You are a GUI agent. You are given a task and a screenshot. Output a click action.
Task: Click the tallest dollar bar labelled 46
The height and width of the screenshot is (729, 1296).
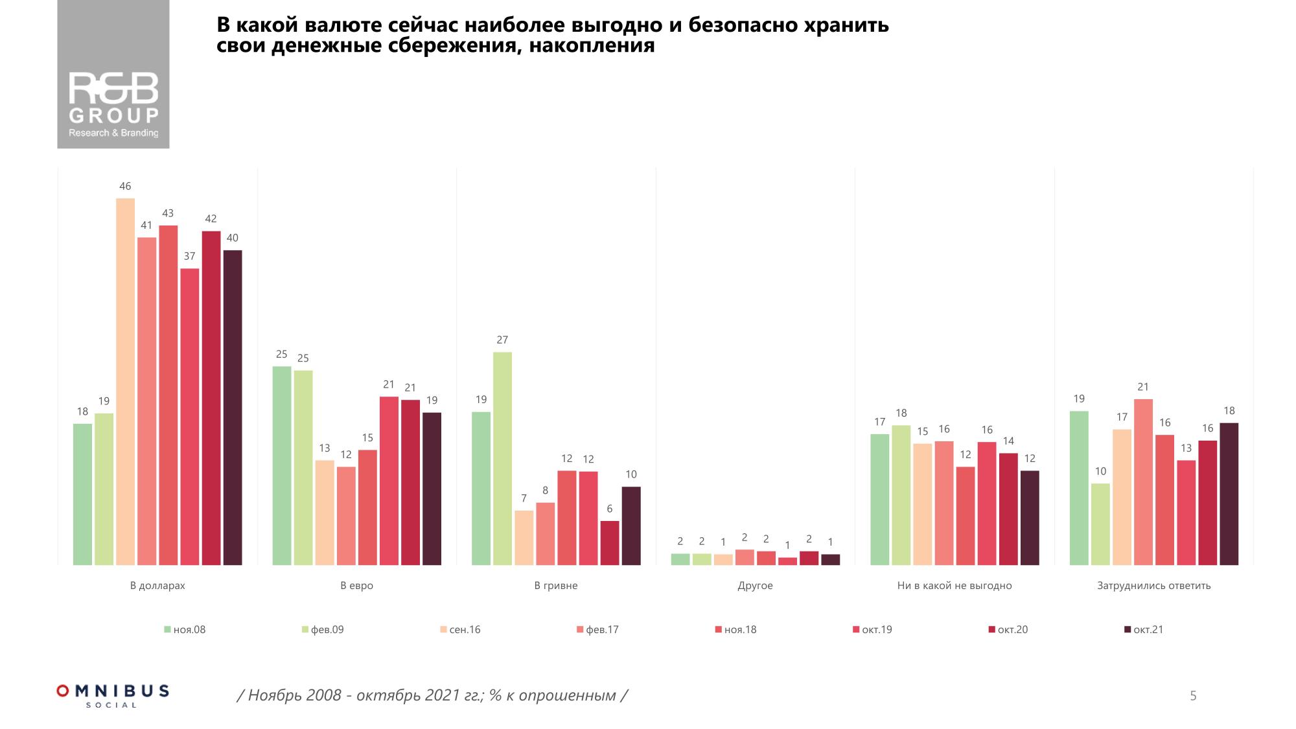click(x=125, y=382)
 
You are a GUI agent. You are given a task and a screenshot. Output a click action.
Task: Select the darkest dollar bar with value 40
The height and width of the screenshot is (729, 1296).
click(x=233, y=408)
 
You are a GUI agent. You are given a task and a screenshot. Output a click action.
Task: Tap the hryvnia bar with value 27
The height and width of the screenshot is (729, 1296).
click(x=502, y=459)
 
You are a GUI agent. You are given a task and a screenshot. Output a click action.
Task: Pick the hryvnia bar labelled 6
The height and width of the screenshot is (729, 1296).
click(x=610, y=543)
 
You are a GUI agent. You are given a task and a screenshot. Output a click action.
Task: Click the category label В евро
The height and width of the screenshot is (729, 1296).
click(x=357, y=586)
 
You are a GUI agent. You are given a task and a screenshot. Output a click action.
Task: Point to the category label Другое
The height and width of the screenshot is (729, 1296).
click(x=755, y=586)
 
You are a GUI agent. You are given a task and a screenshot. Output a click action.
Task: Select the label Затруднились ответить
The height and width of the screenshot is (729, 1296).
click(x=1153, y=586)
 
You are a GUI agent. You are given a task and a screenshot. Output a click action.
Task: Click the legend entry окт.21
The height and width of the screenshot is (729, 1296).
click(x=1148, y=630)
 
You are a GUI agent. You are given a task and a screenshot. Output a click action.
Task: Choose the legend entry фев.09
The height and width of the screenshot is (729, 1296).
click(x=327, y=630)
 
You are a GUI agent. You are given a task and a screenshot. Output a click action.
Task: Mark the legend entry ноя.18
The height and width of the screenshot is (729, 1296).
click(x=739, y=630)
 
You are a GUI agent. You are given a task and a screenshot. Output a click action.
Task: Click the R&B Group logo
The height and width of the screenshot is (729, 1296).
click(x=113, y=75)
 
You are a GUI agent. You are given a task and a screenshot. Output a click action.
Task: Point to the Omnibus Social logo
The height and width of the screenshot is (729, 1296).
click(x=113, y=695)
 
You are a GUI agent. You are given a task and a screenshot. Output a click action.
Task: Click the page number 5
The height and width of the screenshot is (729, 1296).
click(x=1193, y=696)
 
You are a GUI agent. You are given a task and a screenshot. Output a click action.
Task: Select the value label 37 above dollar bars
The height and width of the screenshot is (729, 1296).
click(x=189, y=257)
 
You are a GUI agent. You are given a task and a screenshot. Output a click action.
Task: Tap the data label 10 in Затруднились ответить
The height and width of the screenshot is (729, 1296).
click(x=1100, y=472)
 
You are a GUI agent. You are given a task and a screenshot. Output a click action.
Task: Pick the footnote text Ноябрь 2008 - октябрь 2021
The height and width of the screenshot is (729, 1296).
click(x=432, y=696)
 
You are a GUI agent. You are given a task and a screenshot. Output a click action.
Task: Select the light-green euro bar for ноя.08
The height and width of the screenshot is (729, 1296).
click(x=282, y=466)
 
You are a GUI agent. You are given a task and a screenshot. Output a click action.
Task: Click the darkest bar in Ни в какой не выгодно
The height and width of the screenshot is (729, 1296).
click(x=1030, y=518)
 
